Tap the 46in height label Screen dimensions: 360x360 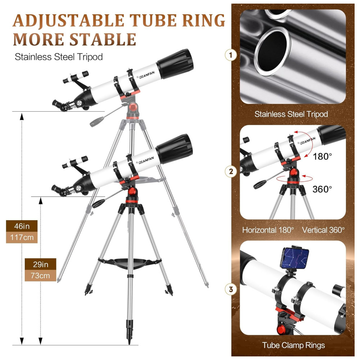pyautogui.click(x=22, y=227)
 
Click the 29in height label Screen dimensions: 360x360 pyautogui.click(x=40, y=265)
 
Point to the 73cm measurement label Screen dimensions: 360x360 pyautogui.click(x=40, y=276)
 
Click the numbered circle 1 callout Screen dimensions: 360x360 pyautogui.click(x=231, y=55)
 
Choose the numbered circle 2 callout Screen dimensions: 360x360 pyautogui.click(x=231, y=171)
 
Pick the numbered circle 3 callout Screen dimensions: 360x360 pyautogui.click(x=231, y=289)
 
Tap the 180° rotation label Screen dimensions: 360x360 pyautogui.click(x=322, y=157)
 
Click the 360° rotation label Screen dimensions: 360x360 pyautogui.click(x=322, y=189)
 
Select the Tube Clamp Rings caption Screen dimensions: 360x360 pyautogui.click(x=293, y=345)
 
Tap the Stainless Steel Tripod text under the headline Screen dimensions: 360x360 pyautogui.click(x=59, y=57)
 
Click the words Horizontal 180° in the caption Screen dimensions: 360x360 pyautogui.click(x=268, y=230)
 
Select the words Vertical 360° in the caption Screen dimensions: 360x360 pyautogui.click(x=323, y=230)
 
